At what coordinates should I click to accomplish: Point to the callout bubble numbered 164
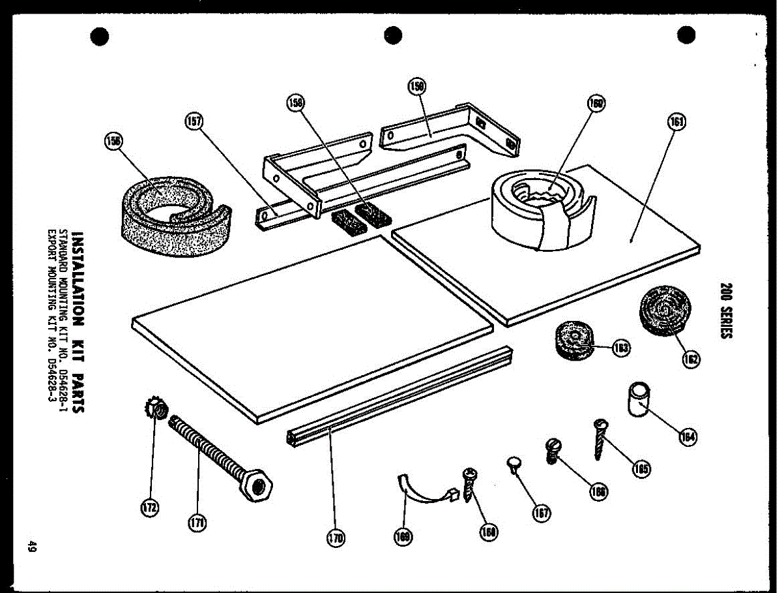[687, 437]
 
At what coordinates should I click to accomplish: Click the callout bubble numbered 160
[596, 104]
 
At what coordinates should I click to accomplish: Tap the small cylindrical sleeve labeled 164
[638, 399]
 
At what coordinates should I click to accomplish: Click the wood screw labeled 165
[599, 439]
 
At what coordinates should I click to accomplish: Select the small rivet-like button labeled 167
[514, 464]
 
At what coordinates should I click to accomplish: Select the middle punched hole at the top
[392, 35]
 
